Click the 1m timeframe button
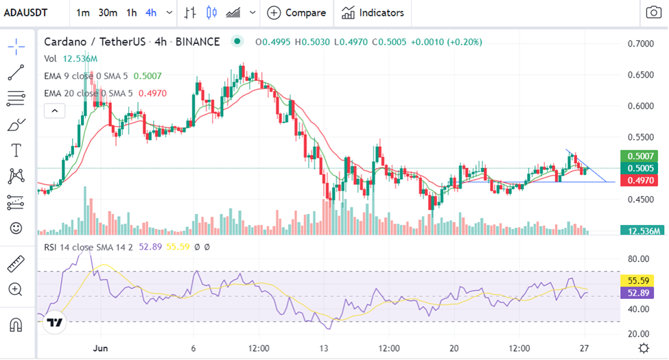[83, 13]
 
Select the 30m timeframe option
[108, 13]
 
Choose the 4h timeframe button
[151, 13]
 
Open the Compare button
[296, 13]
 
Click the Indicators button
[373, 13]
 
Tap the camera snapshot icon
[654, 12]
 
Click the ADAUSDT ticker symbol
[25, 13]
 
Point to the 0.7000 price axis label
[640, 44]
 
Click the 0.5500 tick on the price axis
[640, 137]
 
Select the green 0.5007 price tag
[639, 156]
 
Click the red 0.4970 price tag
[639, 180]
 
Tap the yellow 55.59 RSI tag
[637, 280]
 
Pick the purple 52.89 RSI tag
[637, 293]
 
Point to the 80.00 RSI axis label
[638, 259]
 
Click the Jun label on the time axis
[100, 348]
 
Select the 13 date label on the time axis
[324, 348]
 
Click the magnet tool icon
[16, 325]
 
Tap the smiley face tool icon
[16, 228]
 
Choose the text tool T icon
[16, 151]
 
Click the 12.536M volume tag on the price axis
[642, 231]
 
